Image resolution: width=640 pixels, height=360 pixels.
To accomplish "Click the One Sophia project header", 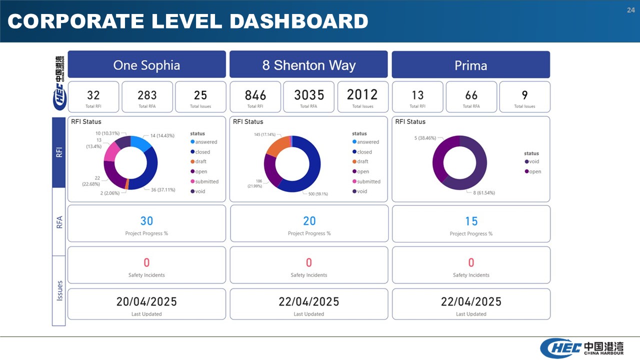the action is [146, 65].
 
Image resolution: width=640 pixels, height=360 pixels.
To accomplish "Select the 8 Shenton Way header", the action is [309, 65].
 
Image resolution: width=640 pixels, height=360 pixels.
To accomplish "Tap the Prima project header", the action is [471, 65].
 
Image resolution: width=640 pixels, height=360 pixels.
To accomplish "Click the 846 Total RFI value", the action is [255, 95].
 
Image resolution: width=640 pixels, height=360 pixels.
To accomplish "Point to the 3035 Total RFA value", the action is [309, 95].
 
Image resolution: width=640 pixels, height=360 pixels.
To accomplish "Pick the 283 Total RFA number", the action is [147, 95].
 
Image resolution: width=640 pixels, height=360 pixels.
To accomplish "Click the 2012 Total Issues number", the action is [362, 94].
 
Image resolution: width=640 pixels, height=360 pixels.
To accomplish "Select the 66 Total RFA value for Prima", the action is [471, 95].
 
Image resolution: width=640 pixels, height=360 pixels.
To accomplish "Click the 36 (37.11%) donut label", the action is [163, 189].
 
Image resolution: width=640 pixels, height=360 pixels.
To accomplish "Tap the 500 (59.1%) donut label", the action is [318, 194].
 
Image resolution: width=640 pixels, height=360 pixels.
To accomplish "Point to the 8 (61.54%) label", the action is [484, 193].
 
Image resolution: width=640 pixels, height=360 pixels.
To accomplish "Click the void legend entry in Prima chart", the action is [532, 161].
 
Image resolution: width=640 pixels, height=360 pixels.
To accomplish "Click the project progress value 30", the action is [146, 221].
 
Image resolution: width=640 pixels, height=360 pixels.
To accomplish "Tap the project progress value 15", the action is [471, 221].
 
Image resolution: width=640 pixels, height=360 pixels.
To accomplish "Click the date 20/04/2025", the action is [146, 301].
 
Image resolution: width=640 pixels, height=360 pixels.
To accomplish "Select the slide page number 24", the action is [631, 10].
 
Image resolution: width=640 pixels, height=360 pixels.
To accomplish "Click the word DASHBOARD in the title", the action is [299, 21].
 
